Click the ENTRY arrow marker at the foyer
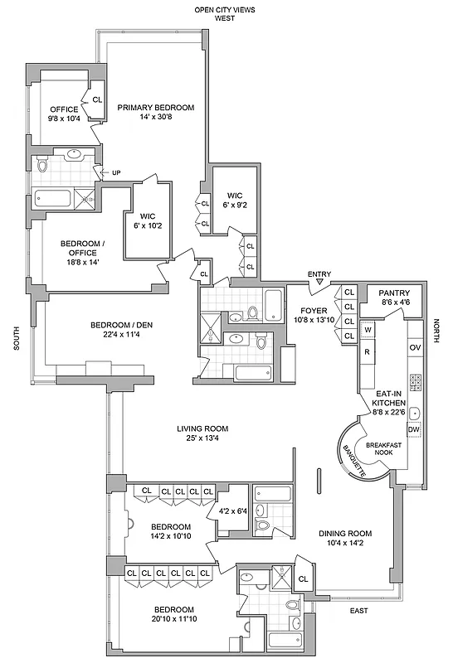point(319,284)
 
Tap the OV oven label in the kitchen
point(416,347)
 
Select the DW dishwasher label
point(414,430)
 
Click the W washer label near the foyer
point(368,330)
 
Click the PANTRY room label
point(394,293)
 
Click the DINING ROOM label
point(345,533)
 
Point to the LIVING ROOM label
point(202,428)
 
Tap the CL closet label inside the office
point(97,100)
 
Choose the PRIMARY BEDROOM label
point(155,108)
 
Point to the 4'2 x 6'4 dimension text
point(232,512)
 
